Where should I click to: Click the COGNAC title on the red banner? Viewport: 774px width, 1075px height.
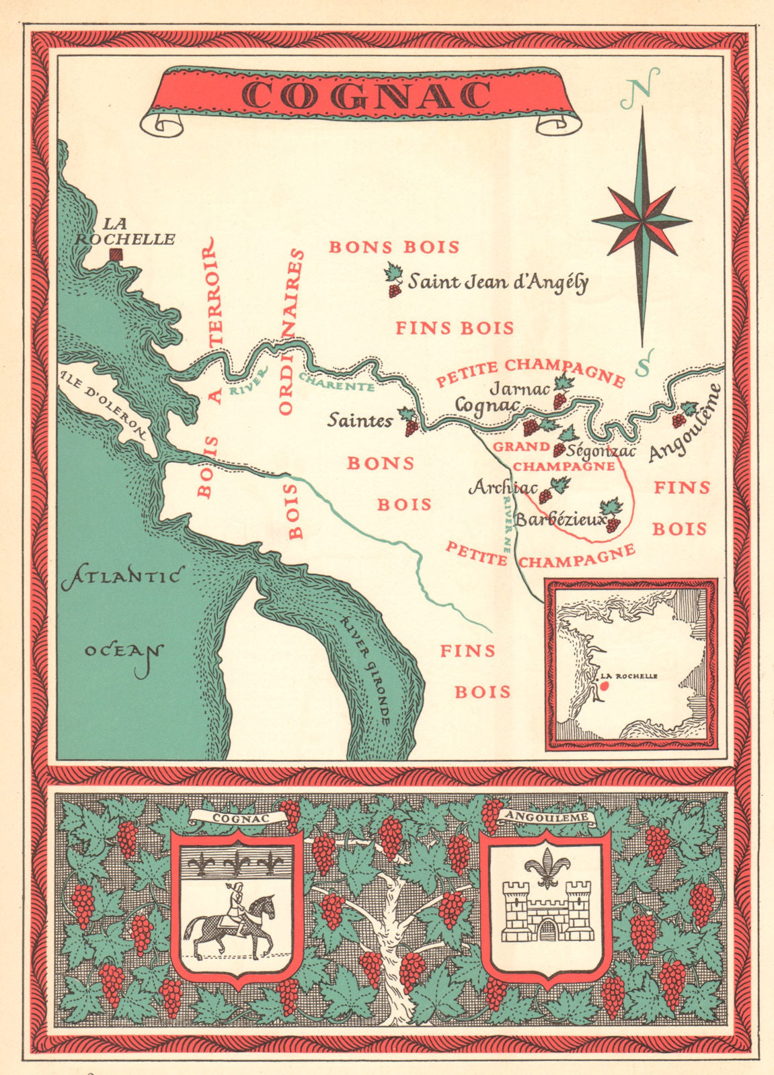click(366, 95)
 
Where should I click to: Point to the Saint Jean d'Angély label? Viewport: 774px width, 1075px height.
click(498, 282)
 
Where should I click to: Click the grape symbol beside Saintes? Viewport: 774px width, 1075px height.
click(408, 422)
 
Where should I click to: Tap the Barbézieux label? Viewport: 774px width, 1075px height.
click(559, 520)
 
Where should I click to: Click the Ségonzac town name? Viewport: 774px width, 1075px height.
click(601, 451)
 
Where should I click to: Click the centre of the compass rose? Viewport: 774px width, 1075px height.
click(642, 219)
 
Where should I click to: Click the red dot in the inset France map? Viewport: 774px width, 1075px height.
click(604, 686)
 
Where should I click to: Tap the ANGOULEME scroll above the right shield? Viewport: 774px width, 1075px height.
click(546, 818)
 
